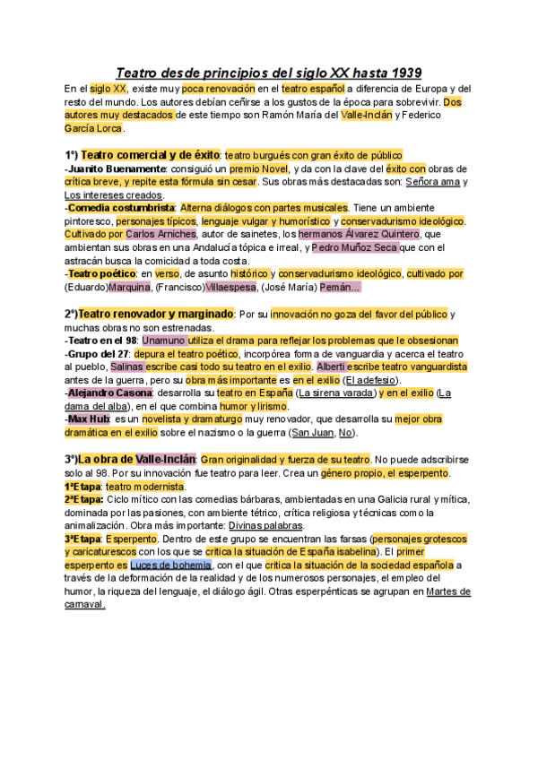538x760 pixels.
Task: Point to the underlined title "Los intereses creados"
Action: click(x=114, y=194)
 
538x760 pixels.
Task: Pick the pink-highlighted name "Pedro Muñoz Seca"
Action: click(x=355, y=247)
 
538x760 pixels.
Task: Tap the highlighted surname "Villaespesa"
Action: click(x=230, y=287)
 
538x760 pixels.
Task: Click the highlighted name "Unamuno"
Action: click(x=166, y=341)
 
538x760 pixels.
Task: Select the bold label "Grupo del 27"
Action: click(x=98, y=354)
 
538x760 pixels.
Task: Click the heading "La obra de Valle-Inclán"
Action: click(x=136, y=460)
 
